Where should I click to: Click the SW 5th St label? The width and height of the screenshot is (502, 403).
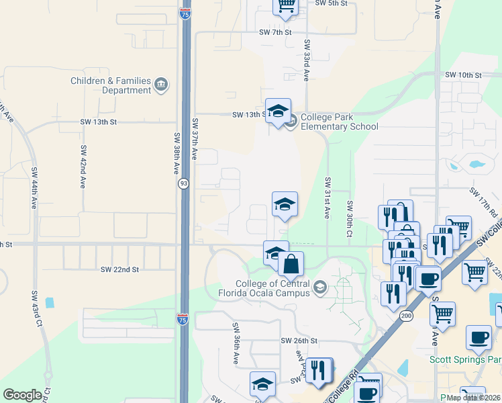(x=331, y=3)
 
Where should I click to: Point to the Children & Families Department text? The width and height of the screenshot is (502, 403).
(x=111, y=85)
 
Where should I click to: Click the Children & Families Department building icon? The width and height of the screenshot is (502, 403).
(x=161, y=85)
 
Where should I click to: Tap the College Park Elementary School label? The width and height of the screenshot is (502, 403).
(x=339, y=122)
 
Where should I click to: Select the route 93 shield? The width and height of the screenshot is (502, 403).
(x=183, y=183)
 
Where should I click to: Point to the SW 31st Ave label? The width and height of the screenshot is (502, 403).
(x=328, y=198)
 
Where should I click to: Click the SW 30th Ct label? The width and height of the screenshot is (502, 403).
(x=350, y=218)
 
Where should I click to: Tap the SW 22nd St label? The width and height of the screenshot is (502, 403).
(x=119, y=269)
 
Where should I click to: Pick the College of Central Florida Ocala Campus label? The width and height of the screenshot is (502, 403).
(x=272, y=287)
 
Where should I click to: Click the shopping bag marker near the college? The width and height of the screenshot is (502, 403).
(x=291, y=263)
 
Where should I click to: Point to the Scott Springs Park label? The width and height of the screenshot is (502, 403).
(x=465, y=359)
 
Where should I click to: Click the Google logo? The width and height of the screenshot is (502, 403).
(x=22, y=395)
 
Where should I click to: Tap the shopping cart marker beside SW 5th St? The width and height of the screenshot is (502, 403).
(x=286, y=5)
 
